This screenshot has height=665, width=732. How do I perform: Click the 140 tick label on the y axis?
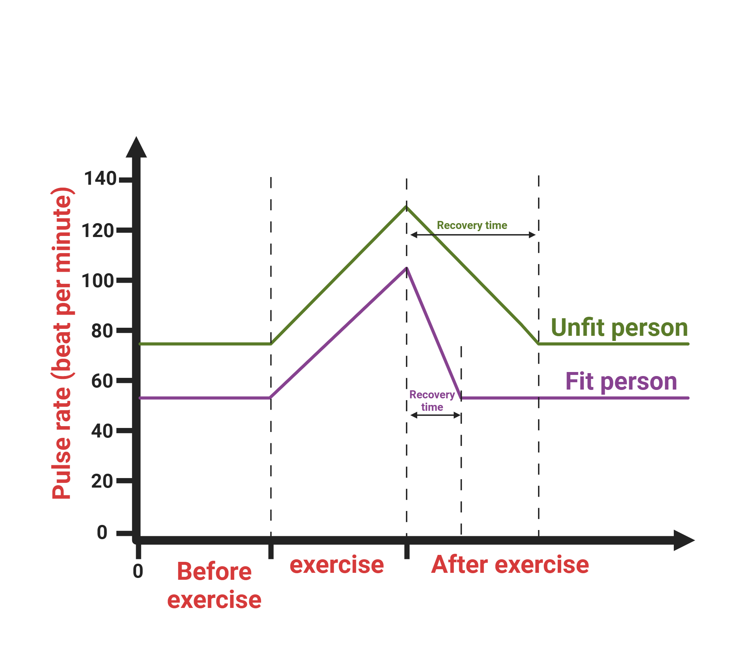[100, 179]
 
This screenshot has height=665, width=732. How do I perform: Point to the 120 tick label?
[97, 231]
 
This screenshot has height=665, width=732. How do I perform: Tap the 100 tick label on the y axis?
[97, 281]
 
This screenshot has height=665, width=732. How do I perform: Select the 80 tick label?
[102, 331]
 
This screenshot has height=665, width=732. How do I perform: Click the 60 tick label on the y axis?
[102, 381]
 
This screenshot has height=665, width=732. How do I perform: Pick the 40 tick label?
[102, 431]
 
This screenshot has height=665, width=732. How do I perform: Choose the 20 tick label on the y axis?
[102, 481]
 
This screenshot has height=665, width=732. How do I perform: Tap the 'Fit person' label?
[621, 381]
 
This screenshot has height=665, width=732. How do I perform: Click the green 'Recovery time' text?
[472, 225]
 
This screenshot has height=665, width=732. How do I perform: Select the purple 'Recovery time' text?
[432, 401]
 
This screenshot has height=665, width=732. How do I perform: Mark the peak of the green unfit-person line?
[406, 207]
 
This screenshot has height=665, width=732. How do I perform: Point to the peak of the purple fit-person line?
[406, 268]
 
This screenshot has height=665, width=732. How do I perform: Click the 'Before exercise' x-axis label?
[214, 586]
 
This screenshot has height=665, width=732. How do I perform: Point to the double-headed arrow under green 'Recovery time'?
[473, 235]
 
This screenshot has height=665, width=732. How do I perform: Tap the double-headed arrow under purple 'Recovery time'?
[435, 415]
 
